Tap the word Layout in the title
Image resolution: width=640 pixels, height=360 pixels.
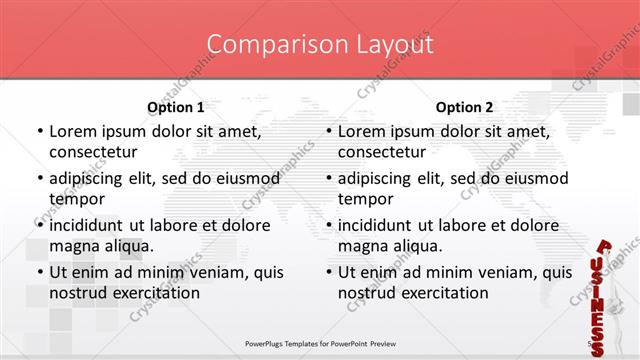(395, 44)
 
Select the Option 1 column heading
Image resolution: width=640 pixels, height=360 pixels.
(176, 107)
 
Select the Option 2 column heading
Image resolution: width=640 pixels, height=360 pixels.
(464, 107)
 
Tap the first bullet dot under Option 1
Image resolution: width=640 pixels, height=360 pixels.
(39, 131)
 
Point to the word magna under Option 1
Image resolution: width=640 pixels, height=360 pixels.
(71, 245)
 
